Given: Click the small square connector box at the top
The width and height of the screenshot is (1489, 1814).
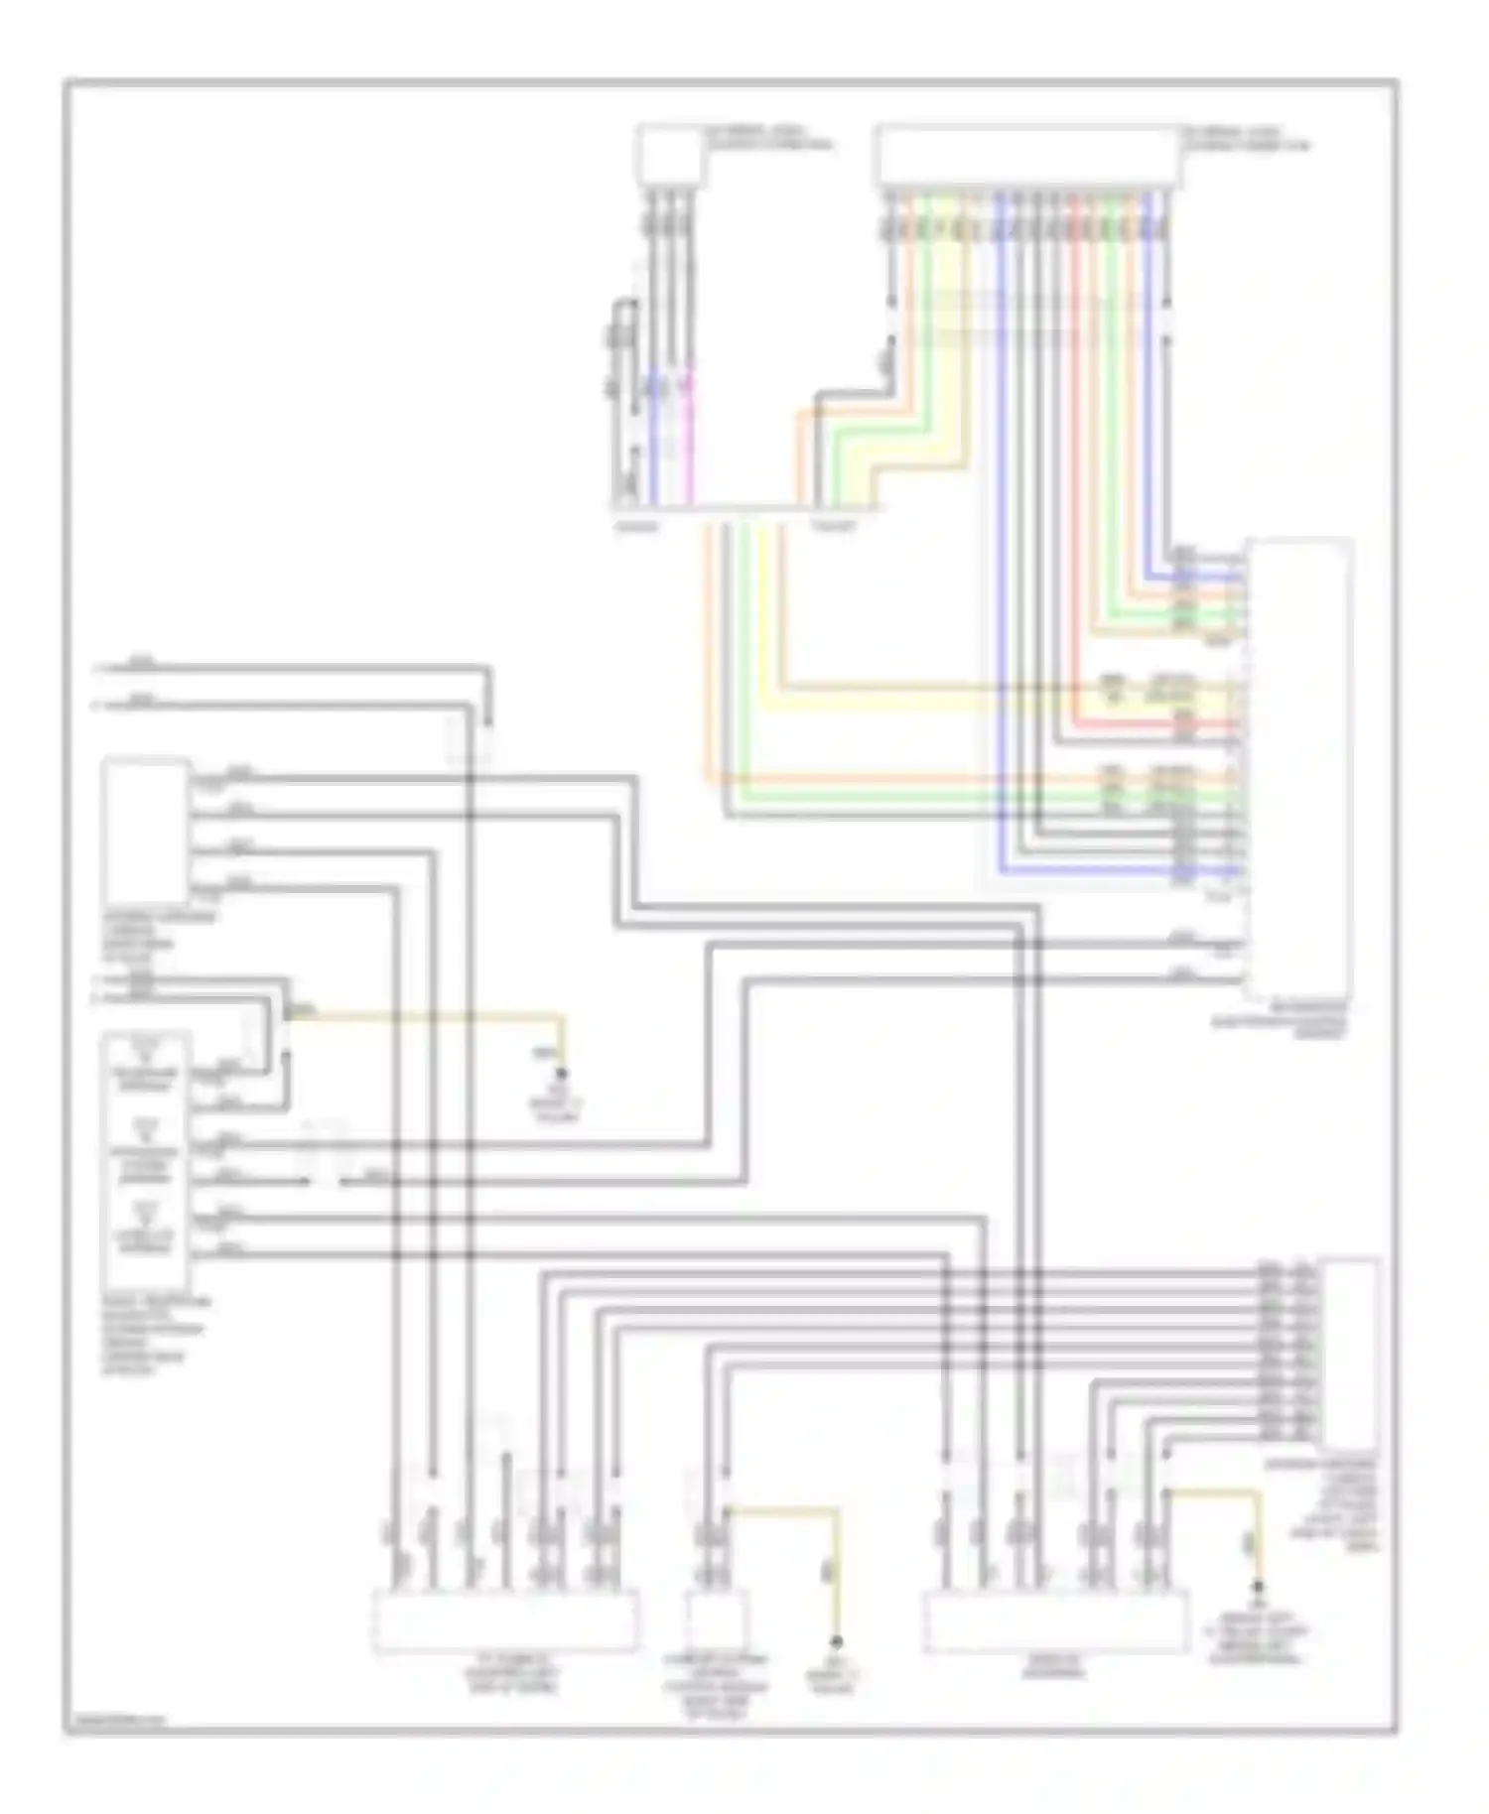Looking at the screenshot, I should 668,154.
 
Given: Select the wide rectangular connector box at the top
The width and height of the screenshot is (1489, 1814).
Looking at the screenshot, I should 1026,157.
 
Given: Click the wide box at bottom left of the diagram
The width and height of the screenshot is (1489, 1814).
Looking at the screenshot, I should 504,1622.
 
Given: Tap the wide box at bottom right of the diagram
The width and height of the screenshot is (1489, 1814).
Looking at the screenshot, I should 1055,1622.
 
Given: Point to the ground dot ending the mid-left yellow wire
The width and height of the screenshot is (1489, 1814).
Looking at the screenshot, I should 562,1074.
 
